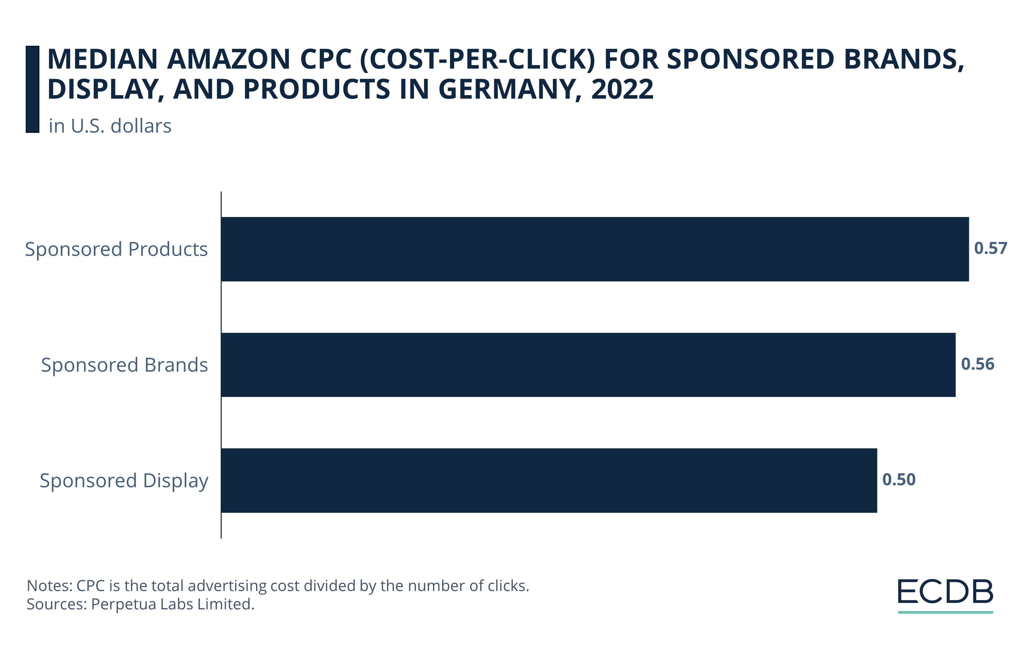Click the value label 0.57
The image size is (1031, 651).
[x=990, y=248]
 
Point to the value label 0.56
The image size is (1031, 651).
[x=978, y=364]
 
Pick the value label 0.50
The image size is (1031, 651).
[x=899, y=479]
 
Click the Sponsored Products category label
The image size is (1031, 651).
[x=116, y=249]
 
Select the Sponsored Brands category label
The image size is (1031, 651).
[x=124, y=365]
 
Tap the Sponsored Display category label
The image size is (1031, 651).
[x=124, y=481]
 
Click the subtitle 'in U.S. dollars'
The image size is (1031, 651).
[x=110, y=126]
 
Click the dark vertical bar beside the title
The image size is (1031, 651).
[x=32, y=89]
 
